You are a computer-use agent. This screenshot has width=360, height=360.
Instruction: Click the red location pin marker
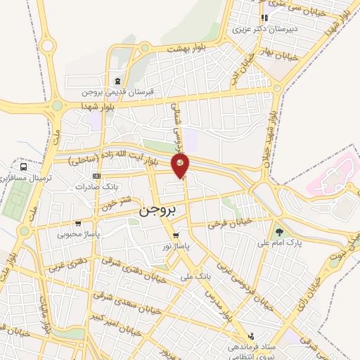click(x=181, y=166)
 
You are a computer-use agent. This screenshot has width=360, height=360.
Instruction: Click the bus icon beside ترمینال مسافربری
click(x=25, y=167)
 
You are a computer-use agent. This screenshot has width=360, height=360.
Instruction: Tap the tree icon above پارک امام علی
click(x=280, y=231)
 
